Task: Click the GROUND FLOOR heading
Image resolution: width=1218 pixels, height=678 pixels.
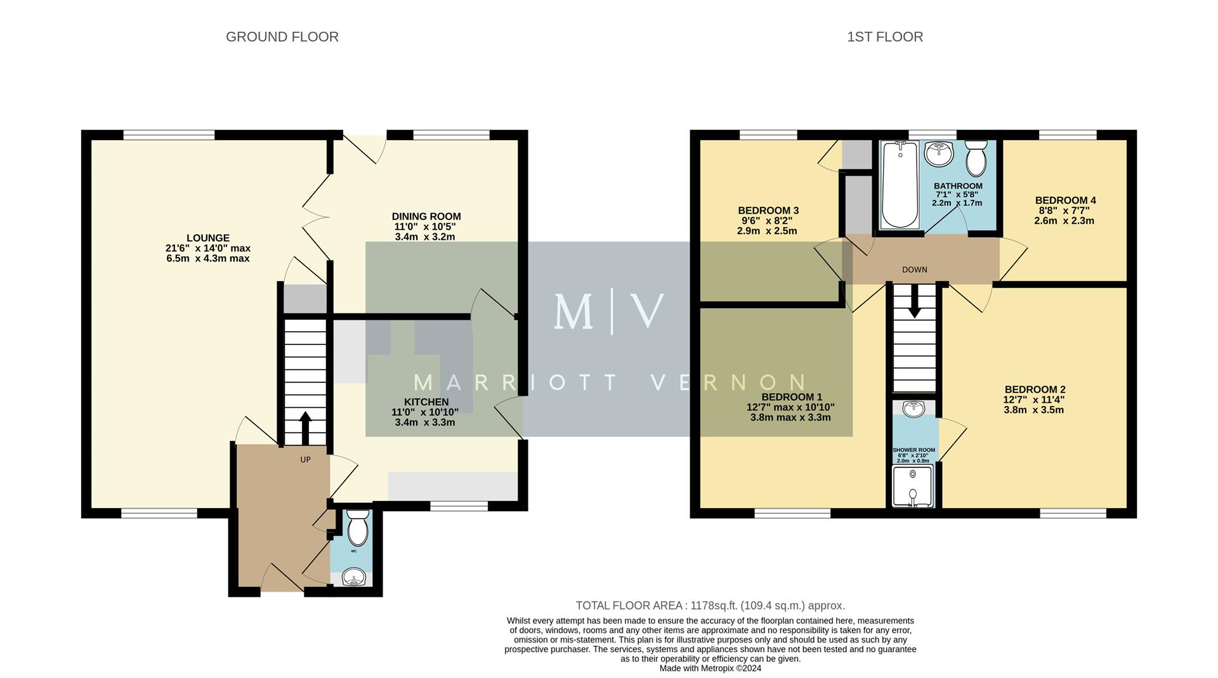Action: coord(282,37)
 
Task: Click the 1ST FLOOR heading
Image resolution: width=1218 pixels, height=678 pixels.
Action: coord(884,37)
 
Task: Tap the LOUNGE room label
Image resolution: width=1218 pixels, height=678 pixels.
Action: coord(208,238)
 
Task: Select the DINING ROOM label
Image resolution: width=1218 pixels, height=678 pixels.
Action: coord(426,216)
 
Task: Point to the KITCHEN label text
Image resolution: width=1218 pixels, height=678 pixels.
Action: coord(426,402)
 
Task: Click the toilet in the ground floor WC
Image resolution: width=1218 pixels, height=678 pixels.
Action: coord(358,529)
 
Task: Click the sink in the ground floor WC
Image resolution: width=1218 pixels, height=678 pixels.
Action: coord(353,577)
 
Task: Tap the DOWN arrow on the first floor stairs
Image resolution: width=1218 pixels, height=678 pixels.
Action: coord(914,303)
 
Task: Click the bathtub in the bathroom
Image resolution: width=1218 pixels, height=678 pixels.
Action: coord(900,185)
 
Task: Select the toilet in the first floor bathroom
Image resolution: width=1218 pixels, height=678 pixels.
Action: coord(976,159)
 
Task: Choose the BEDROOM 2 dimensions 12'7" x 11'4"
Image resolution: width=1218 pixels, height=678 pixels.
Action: coord(1033,400)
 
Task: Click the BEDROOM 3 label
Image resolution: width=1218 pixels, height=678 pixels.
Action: coord(768,211)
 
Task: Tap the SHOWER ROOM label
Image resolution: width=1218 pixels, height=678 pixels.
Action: coord(913,450)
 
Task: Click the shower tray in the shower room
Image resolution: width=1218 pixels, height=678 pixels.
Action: coord(913,487)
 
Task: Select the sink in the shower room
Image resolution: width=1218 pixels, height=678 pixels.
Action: coord(913,408)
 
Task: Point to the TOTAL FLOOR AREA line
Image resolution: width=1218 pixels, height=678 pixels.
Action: coord(710,606)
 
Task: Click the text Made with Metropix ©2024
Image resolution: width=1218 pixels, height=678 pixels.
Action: coord(710,668)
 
